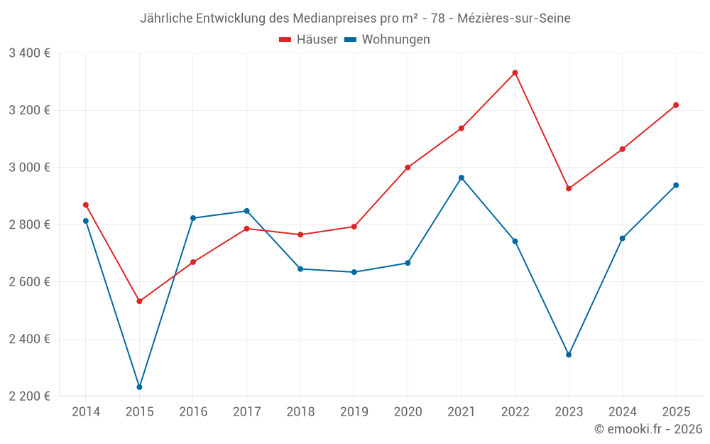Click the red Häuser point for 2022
[x=515, y=72]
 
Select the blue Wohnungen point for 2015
[x=139, y=387]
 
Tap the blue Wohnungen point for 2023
[x=569, y=354]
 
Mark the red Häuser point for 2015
[x=139, y=301]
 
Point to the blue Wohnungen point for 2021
[x=461, y=178]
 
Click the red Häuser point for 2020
[x=408, y=168]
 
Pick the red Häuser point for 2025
[x=676, y=105]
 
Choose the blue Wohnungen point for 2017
[x=246, y=211]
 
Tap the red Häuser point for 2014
[x=86, y=205]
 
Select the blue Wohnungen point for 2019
[x=354, y=272]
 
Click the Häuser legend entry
[x=309, y=40]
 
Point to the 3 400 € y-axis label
[x=29, y=53]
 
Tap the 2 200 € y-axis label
[x=29, y=396]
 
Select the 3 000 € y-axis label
[x=29, y=167]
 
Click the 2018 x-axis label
[x=300, y=412]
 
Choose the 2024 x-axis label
[x=622, y=412]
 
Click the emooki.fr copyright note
[x=648, y=429]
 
